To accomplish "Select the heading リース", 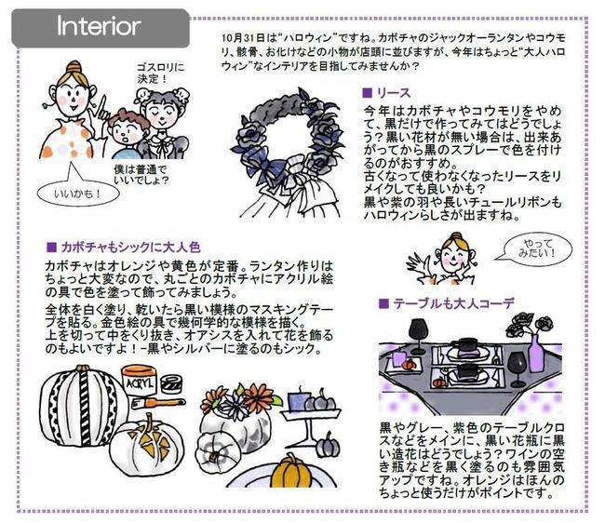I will click(x=385, y=94).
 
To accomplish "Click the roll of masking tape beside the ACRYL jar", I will click(x=173, y=382).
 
